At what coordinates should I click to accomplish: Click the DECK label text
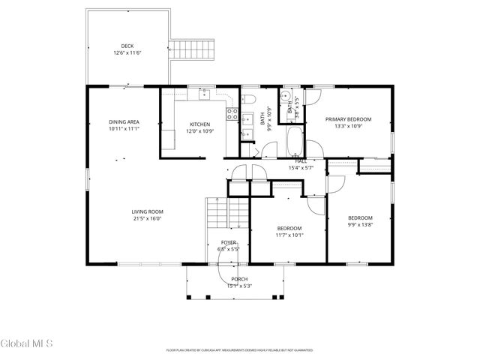[127, 46]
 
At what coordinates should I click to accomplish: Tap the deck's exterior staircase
[195, 51]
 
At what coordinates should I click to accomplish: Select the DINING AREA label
[124, 121]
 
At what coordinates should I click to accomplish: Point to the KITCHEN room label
[199, 124]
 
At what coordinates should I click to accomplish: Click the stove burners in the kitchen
[233, 115]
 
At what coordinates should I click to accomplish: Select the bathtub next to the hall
[296, 140]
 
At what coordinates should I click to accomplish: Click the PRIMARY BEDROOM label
[348, 119]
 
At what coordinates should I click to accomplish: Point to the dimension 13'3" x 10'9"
[348, 126]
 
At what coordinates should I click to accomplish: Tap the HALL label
[301, 161]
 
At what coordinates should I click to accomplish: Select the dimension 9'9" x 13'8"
[360, 224]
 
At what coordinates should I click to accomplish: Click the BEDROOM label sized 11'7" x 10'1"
[289, 228]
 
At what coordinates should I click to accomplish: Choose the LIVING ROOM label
[147, 212]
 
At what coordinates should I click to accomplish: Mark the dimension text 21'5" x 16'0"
[147, 219]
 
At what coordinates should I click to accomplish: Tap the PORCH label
[239, 279]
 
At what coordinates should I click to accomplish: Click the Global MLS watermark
[27, 344]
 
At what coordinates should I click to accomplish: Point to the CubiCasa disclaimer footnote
[239, 350]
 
